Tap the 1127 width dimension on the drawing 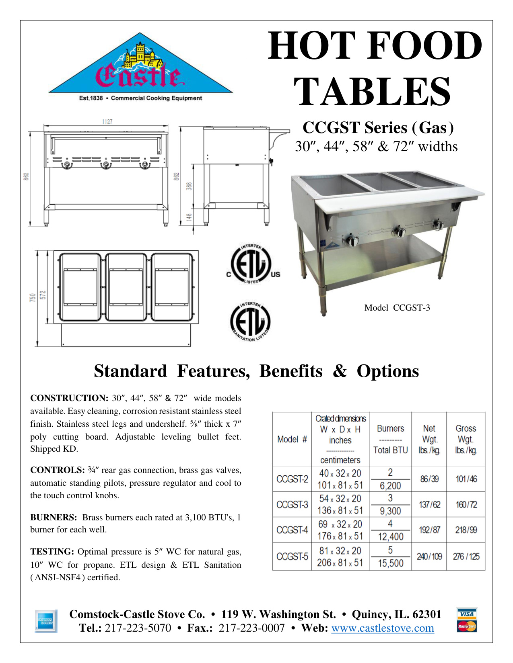(x=107, y=122)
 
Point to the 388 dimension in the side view (x=189, y=186)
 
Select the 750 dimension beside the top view (x=33, y=297)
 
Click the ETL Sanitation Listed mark (x=250, y=321)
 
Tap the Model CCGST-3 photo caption (x=397, y=308)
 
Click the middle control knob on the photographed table (x=398, y=232)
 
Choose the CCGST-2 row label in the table (x=292, y=479)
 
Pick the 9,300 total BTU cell (x=390, y=511)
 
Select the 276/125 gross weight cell (x=466, y=557)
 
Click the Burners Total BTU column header (x=390, y=439)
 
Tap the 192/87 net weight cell (x=429, y=530)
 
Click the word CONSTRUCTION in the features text (x=69, y=398)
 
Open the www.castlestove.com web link (x=383, y=628)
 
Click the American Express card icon (x=45, y=621)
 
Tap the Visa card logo (x=466, y=614)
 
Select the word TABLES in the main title (x=373, y=91)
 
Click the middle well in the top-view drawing (x=126, y=287)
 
